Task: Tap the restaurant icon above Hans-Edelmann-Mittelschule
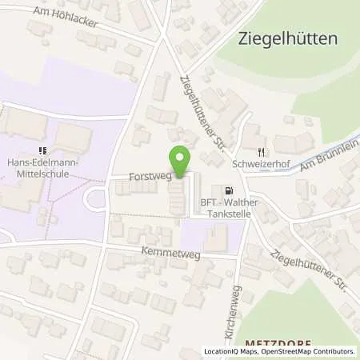(41, 150)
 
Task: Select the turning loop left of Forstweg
(96, 198)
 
